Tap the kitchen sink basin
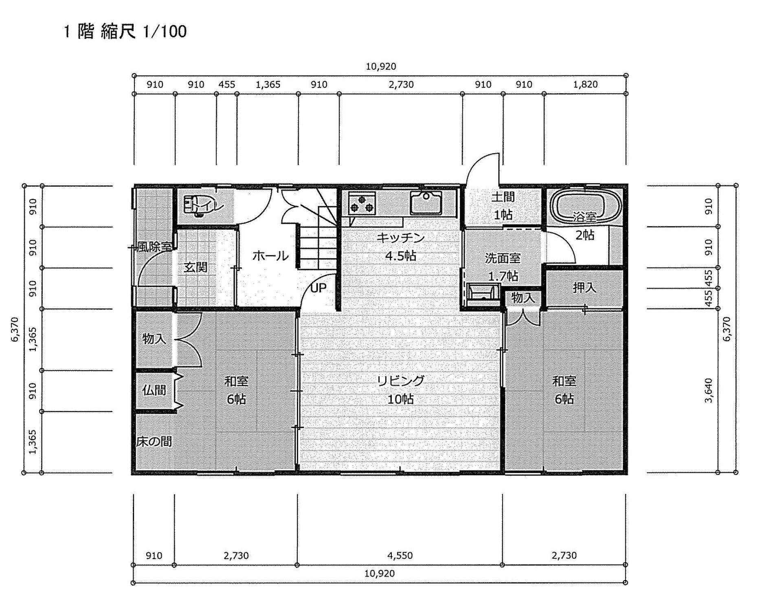click(x=426, y=202)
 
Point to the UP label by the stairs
click(x=319, y=288)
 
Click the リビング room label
click(x=401, y=381)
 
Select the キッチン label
click(x=401, y=237)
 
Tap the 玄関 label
click(x=195, y=268)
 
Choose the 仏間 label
click(x=154, y=390)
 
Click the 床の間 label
click(x=154, y=441)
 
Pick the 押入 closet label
click(x=584, y=288)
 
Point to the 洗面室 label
click(x=503, y=258)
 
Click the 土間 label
click(x=503, y=197)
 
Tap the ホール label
click(x=270, y=256)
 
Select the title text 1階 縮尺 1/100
click(x=125, y=31)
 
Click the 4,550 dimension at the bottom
click(x=400, y=555)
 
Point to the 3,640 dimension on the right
click(x=709, y=390)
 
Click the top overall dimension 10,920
click(x=381, y=66)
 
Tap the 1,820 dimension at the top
click(x=585, y=84)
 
